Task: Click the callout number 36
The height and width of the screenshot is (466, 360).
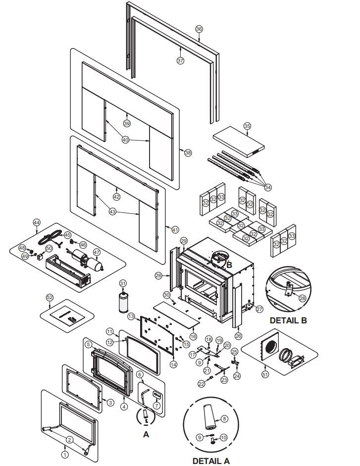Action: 199,29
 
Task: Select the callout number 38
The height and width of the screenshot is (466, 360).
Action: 188,153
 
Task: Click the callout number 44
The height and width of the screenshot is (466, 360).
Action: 36,223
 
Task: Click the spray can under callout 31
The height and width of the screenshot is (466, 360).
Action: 123,302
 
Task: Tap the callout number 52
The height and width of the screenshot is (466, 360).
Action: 49,297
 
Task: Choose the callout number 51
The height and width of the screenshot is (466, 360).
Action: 265,374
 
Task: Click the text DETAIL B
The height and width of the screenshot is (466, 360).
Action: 288,320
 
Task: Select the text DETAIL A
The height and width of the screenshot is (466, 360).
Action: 211,460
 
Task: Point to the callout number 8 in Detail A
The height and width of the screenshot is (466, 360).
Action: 224,418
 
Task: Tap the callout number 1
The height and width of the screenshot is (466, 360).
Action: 64,453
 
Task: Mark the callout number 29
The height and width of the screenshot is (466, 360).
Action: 184,241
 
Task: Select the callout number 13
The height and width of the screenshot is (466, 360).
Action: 131,315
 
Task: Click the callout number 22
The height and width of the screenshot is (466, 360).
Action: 202,383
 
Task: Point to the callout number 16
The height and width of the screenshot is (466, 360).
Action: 193,336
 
